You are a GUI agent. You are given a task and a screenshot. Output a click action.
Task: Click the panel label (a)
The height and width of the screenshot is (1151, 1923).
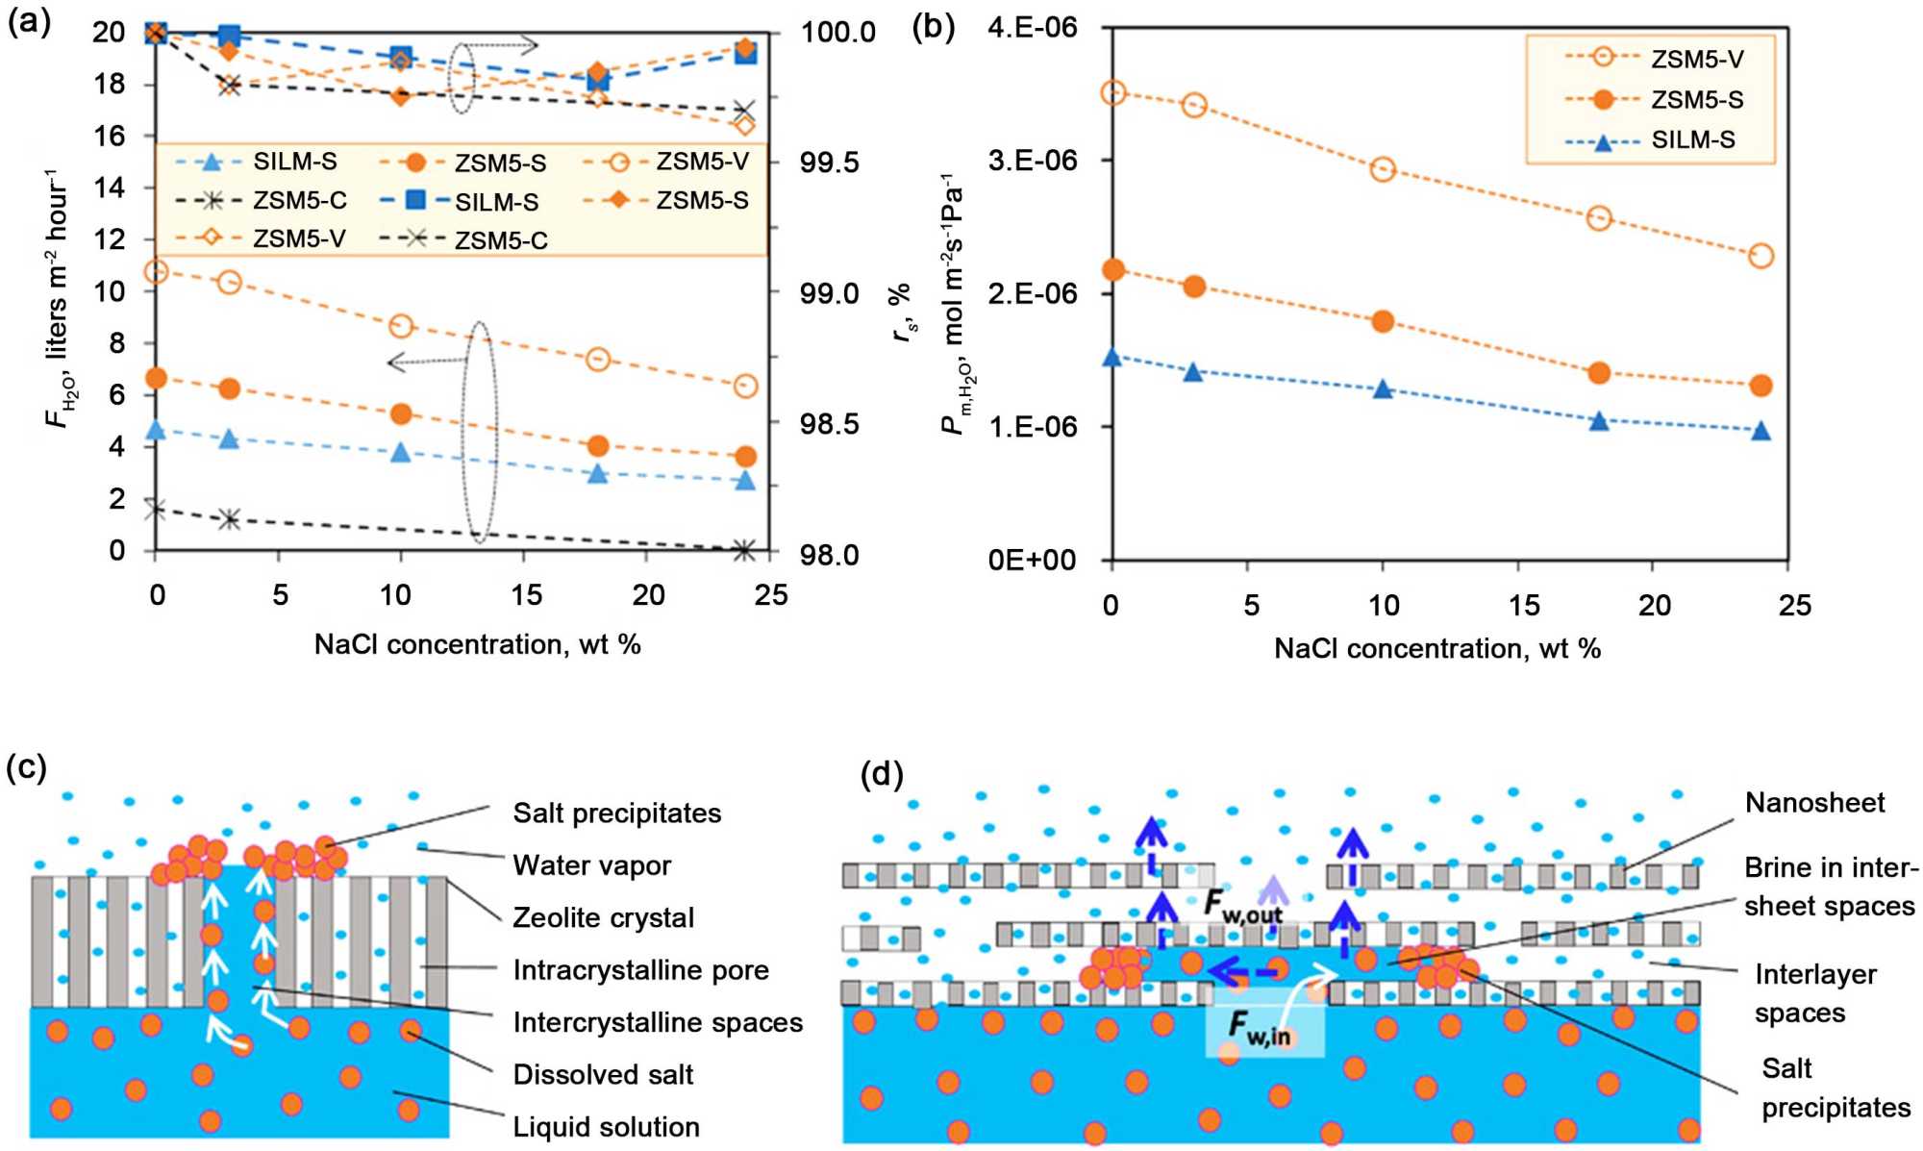click(28, 21)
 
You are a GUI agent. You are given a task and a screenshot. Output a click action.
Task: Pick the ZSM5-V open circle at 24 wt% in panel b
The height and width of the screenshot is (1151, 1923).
click(1761, 256)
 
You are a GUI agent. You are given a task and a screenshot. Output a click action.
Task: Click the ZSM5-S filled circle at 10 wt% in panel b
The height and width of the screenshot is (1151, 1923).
click(1383, 321)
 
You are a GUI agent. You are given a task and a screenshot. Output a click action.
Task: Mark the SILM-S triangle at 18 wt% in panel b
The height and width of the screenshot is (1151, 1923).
click(1599, 421)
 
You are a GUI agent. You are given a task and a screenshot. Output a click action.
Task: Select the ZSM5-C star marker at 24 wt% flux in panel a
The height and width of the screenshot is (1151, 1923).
click(744, 550)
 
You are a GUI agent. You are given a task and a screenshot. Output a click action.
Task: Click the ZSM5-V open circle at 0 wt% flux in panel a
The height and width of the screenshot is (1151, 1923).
click(156, 272)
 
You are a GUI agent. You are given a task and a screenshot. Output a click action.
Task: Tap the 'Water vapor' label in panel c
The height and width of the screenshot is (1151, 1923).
click(591, 865)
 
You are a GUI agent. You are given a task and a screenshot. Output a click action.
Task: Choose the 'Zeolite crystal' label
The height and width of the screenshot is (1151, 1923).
click(603, 917)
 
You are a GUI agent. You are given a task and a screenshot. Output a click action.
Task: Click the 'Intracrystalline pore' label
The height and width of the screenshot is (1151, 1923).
click(640, 970)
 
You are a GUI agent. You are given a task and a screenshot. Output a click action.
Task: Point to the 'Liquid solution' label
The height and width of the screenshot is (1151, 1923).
click(606, 1127)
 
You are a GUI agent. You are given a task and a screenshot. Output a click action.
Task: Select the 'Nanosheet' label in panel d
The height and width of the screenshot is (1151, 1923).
click(1814, 803)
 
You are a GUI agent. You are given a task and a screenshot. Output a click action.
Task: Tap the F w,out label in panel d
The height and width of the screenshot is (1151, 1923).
click(1243, 906)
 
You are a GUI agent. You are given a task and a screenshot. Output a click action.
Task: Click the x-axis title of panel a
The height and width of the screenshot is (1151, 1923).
click(477, 644)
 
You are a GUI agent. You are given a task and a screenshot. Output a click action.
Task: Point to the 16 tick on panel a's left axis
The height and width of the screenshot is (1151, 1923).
click(109, 136)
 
